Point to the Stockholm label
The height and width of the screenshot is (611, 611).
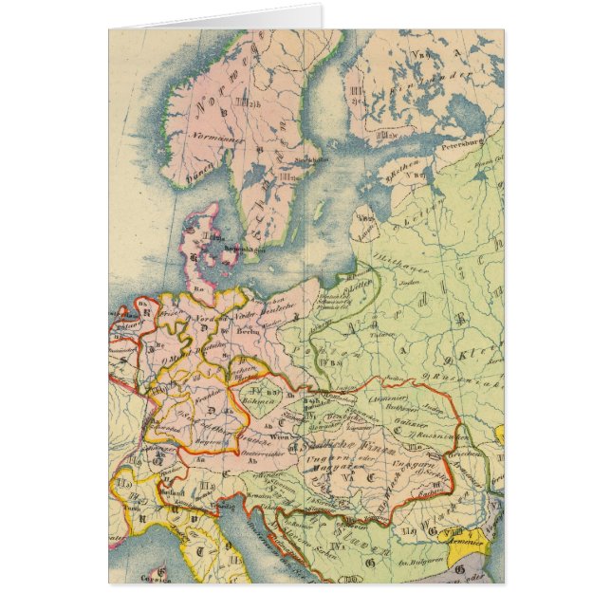click(x=304, y=161)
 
